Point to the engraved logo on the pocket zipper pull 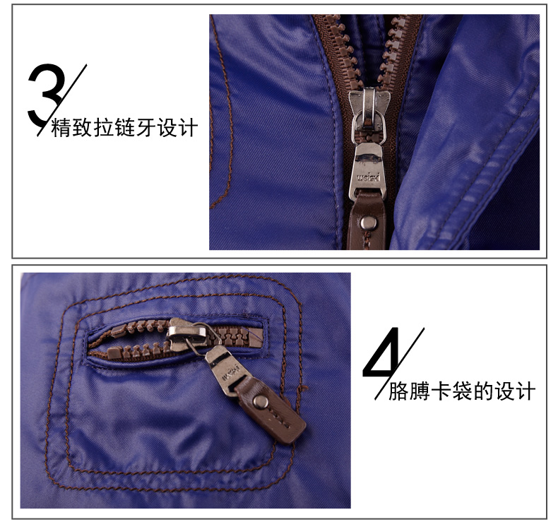tap(230, 372)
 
